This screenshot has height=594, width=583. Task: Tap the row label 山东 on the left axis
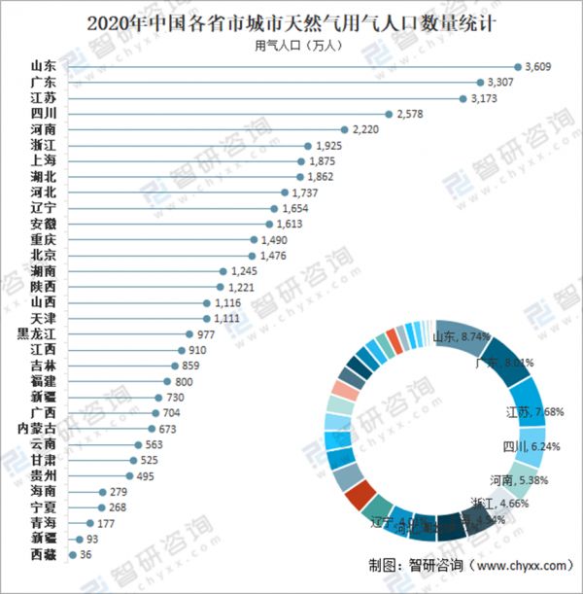click(x=43, y=67)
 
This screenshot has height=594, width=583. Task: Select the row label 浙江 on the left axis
click(x=43, y=146)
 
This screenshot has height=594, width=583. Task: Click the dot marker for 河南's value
click(x=344, y=129)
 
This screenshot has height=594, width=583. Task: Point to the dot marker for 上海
click(x=301, y=161)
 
